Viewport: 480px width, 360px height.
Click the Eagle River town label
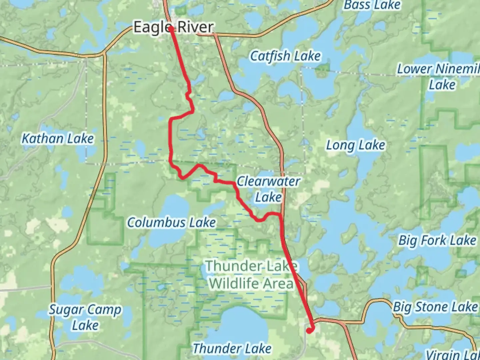(x=173, y=27)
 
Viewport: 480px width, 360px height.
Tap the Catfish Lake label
(x=285, y=56)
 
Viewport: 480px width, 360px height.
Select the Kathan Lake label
(x=58, y=138)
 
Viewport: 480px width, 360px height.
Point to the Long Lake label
(x=355, y=145)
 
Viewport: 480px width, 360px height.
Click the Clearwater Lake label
(x=268, y=189)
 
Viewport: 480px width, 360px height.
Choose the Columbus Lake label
(x=171, y=222)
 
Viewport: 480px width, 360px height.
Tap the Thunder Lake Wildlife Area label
(x=251, y=275)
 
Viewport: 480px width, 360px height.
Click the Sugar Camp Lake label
(x=85, y=317)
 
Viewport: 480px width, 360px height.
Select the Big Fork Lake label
(x=437, y=240)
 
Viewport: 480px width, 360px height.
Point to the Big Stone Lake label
(x=435, y=307)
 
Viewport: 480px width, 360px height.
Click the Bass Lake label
(x=372, y=5)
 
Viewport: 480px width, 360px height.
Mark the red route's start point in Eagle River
(x=171, y=29)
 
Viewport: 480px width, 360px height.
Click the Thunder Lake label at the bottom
(x=232, y=348)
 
